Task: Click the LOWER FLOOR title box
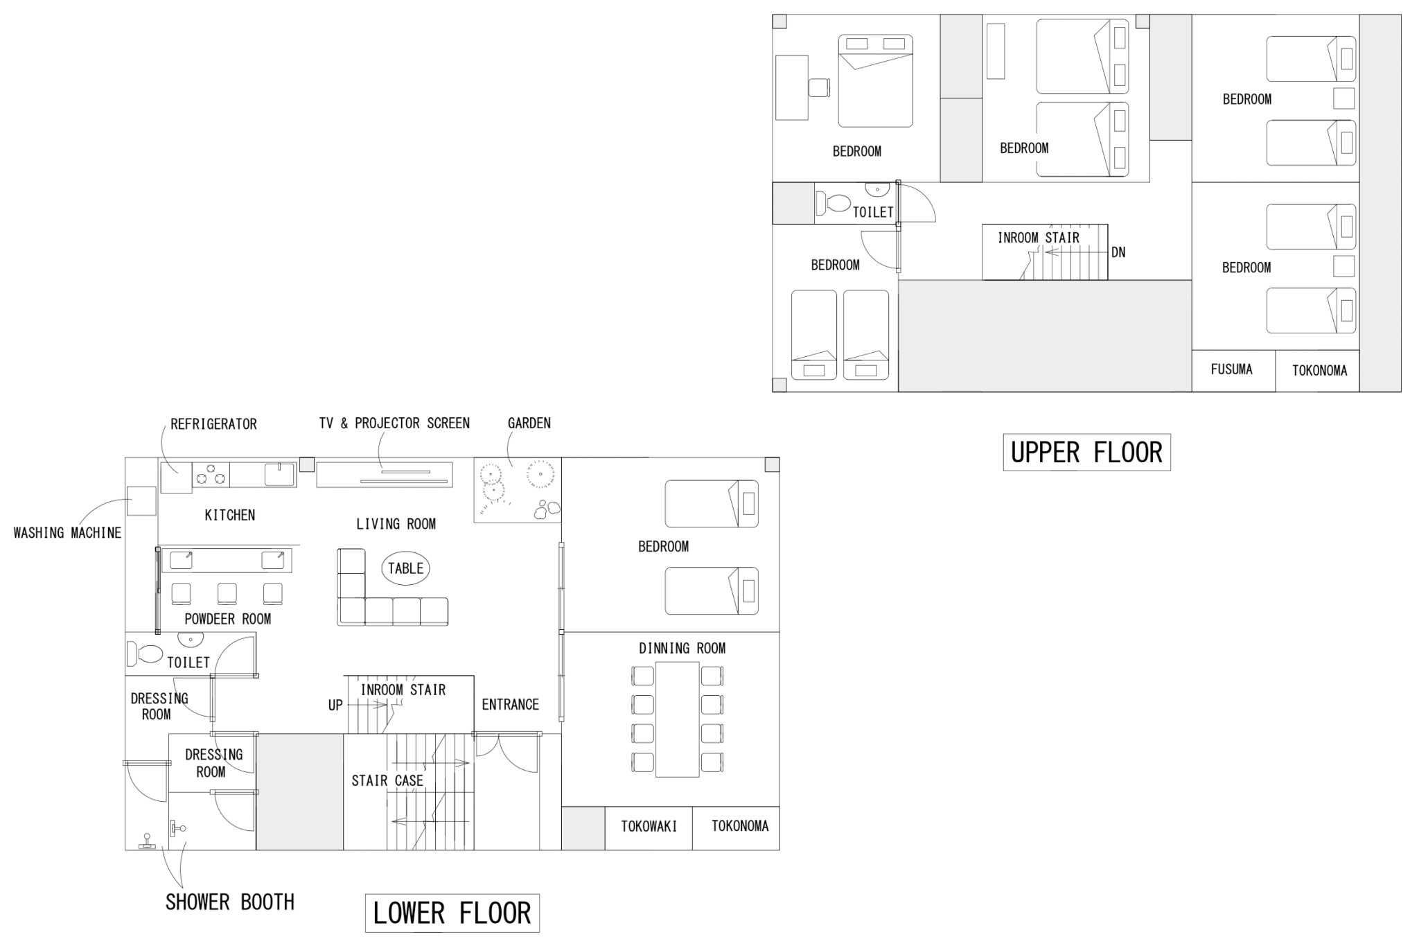(452, 913)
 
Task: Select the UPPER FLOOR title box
(1086, 453)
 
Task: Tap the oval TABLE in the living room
(405, 568)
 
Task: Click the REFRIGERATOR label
(213, 424)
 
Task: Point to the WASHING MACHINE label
(67, 533)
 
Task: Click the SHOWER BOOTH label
(229, 902)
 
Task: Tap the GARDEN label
(529, 423)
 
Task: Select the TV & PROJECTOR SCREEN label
(394, 423)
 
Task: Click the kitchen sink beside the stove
(280, 475)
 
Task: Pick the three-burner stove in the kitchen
(211, 475)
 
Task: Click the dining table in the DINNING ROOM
(678, 719)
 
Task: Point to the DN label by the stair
(1118, 252)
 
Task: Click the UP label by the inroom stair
(335, 706)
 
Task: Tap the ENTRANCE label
(510, 705)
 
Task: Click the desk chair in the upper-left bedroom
(820, 88)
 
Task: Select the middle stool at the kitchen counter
(227, 594)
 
